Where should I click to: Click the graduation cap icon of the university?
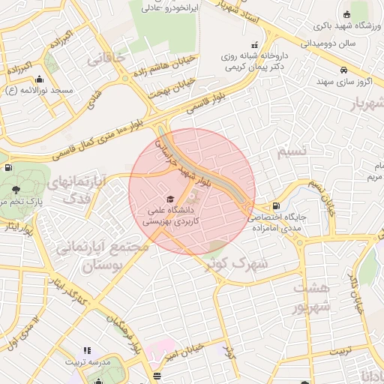(x=169, y=199)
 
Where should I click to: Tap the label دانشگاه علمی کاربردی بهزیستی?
(x=169, y=217)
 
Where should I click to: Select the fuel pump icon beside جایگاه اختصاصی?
(x=277, y=205)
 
